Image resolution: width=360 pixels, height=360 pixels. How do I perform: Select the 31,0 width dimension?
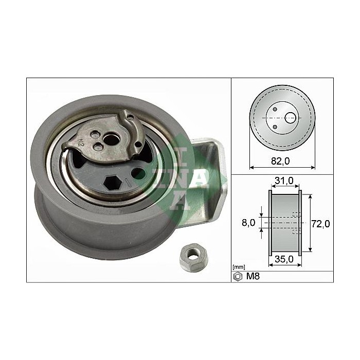[284, 181]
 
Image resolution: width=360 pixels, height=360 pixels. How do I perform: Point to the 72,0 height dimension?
[321, 223]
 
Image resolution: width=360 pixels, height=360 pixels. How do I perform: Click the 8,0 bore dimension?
[248, 223]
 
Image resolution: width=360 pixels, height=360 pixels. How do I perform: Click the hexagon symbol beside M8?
[238, 276]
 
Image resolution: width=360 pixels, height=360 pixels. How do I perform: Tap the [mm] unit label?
[238, 267]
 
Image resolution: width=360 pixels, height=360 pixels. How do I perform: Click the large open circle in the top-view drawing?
[291, 118]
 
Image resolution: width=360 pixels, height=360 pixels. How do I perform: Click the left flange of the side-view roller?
[269, 223]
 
